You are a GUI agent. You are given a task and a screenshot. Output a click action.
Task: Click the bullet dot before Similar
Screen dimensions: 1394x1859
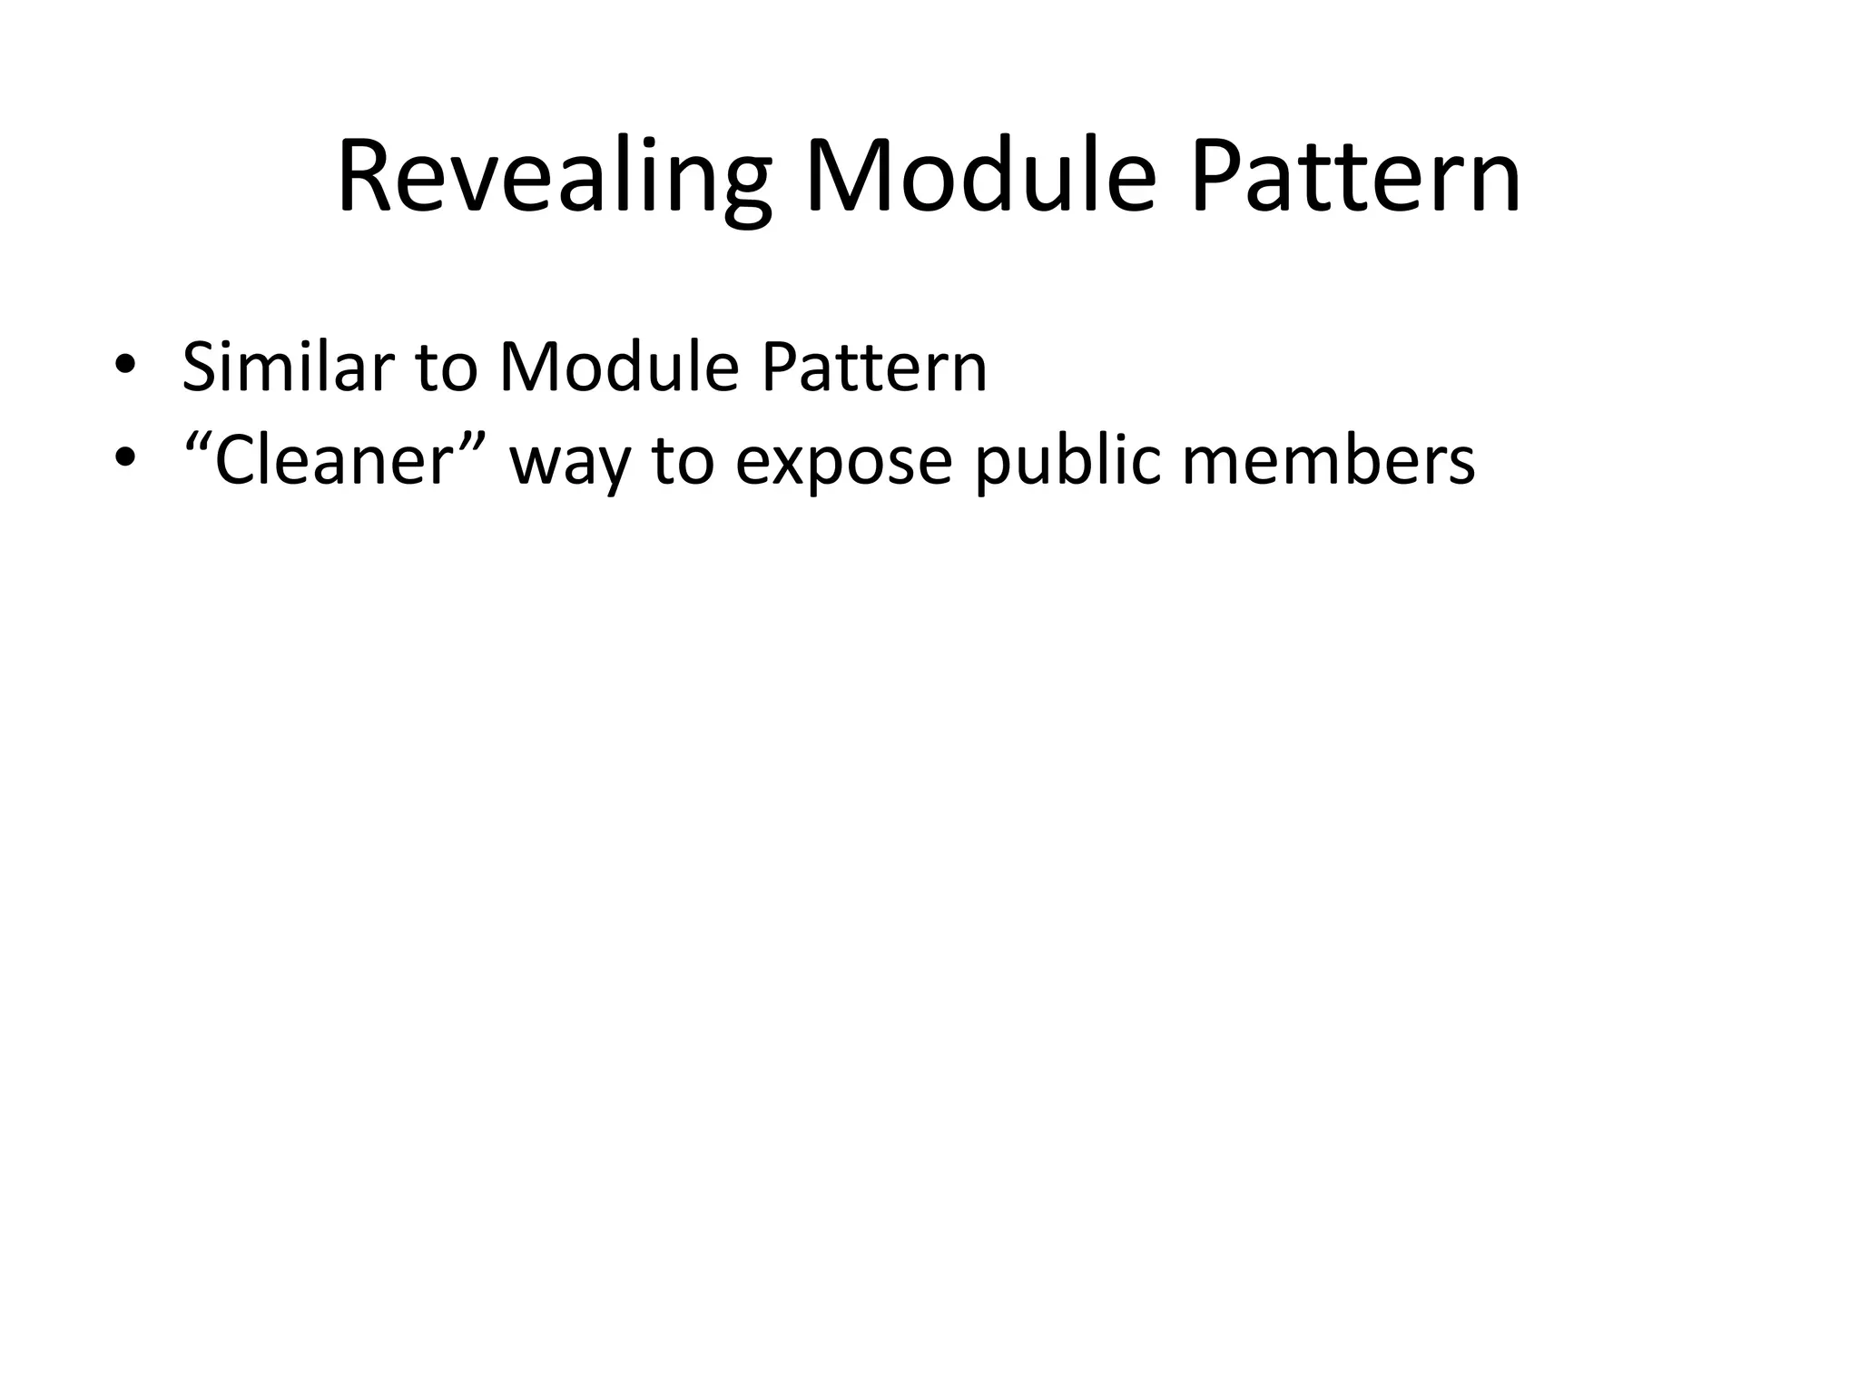tap(125, 366)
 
